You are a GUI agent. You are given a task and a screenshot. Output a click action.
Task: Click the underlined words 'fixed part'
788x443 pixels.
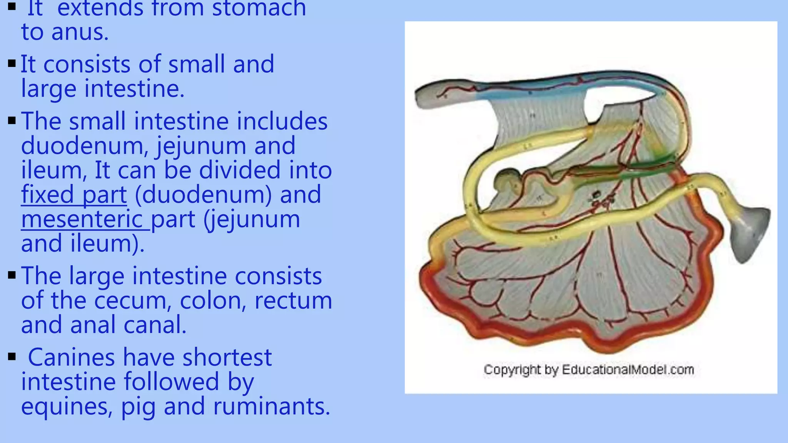tap(74, 195)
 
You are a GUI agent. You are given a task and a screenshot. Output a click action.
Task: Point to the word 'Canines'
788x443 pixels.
tap(71, 358)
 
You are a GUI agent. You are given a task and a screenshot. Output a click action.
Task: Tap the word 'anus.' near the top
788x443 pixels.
tap(80, 32)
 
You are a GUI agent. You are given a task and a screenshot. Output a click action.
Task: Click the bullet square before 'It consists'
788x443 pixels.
tap(12, 63)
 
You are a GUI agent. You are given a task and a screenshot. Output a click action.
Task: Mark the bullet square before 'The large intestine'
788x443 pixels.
tap(12, 275)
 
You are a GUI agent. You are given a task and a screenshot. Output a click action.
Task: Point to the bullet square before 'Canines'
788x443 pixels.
tap(12, 357)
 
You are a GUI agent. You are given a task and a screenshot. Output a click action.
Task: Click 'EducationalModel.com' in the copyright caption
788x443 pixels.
tap(628, 370)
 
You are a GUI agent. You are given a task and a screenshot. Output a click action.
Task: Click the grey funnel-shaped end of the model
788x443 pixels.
tap(750, 231)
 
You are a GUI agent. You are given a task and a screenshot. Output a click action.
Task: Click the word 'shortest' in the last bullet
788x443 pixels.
tap(227, 358)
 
